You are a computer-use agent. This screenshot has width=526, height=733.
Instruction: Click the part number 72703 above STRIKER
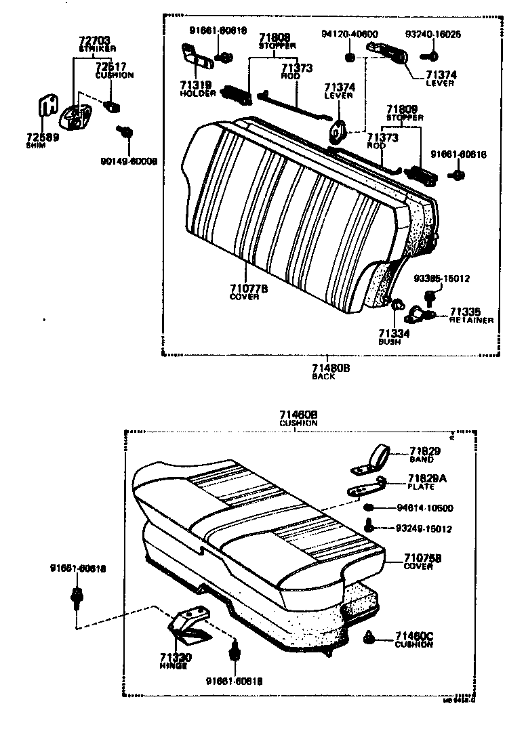coord(94,41)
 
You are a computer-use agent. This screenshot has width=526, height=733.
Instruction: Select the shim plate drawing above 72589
coord(46,108)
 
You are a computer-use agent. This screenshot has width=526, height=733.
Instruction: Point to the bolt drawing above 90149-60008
coord(125,133)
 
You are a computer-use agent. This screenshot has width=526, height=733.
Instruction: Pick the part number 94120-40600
coord(350,35)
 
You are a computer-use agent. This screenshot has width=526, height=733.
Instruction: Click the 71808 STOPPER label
coord(276,38)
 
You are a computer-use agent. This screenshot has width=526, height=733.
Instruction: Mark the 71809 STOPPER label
coord(402,109)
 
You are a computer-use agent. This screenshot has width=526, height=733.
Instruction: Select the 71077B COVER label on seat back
coord(248,288)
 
